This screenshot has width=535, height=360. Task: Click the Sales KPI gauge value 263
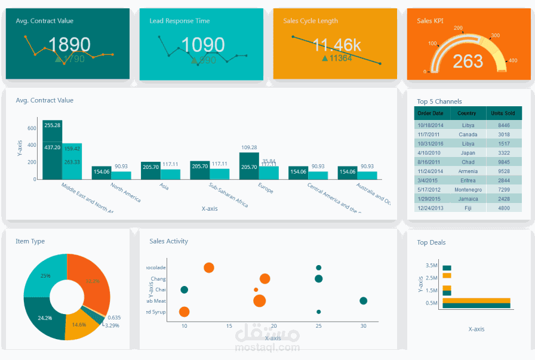click(468, 61)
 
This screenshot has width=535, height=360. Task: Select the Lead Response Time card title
click(179, 21)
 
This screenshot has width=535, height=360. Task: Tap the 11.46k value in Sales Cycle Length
click(337, 45)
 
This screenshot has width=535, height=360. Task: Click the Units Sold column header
click(503, 113)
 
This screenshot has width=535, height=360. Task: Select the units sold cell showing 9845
click(503, 162)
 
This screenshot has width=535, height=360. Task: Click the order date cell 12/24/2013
click(431, 208)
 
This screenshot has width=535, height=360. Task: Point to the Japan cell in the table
click(468, 153)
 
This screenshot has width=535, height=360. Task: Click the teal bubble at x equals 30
click(363, 301)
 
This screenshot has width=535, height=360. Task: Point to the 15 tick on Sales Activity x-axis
click(229, 326)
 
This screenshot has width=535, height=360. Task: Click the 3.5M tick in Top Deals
click(431, 265)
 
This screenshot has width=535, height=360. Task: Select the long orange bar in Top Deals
click(476, 300)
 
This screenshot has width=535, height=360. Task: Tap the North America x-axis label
click(126, 192)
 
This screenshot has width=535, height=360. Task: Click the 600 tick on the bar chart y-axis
click(32, 128)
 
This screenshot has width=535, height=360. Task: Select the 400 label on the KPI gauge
click(512, 60)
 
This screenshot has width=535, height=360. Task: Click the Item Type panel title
click(30, 241)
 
